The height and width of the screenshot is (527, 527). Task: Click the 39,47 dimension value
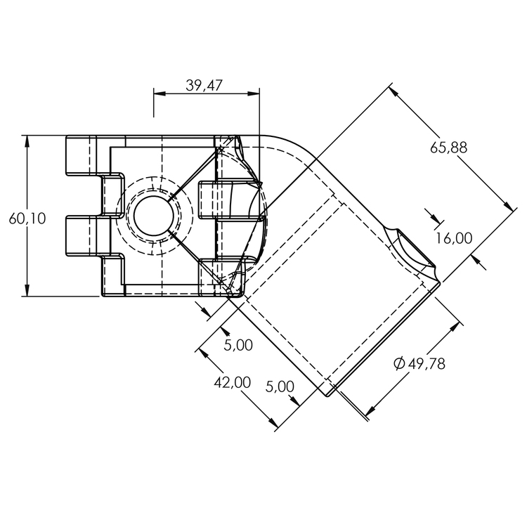click(x=204, y=85)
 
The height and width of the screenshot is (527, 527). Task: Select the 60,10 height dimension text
click(x=27, y=219)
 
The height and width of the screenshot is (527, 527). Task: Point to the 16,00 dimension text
click(x=453, y=238)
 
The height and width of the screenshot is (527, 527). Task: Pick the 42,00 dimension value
click(x=232, y=382)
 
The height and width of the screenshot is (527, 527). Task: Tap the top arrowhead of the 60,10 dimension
click(x=27, y=141)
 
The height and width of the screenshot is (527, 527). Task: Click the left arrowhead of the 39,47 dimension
click(x=158, y=92)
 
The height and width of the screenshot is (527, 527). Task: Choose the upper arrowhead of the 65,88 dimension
click(x=394, y=91)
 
